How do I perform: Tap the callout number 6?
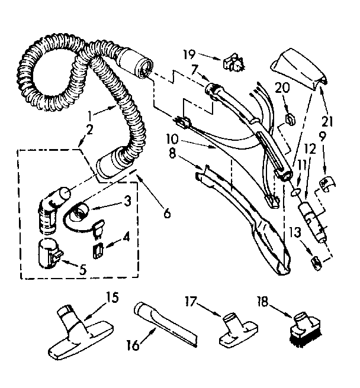click(x=168, y=212)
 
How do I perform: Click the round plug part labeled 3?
click(x=79, y=209)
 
